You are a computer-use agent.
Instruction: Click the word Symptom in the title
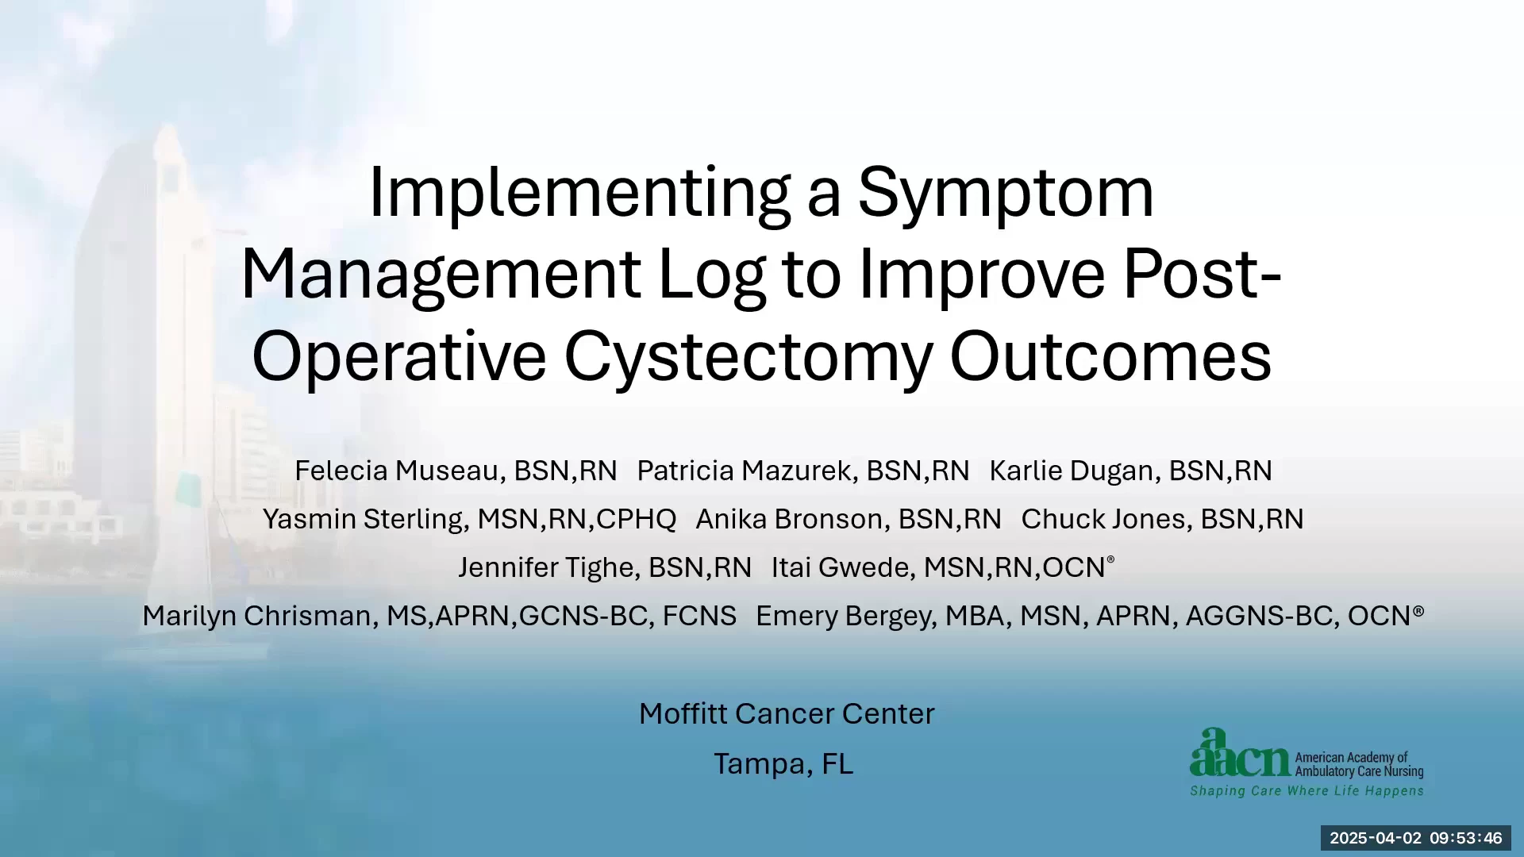1006,194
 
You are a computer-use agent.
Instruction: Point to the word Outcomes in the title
1110,357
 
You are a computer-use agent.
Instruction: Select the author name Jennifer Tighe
546,567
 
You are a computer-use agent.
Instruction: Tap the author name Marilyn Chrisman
256,616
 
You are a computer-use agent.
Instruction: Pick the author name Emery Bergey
844,616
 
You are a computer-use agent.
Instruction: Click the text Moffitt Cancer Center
787,714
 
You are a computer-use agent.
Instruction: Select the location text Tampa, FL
783,764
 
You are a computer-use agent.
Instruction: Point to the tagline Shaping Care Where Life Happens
1307,791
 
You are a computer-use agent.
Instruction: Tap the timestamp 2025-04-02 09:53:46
1416,838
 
